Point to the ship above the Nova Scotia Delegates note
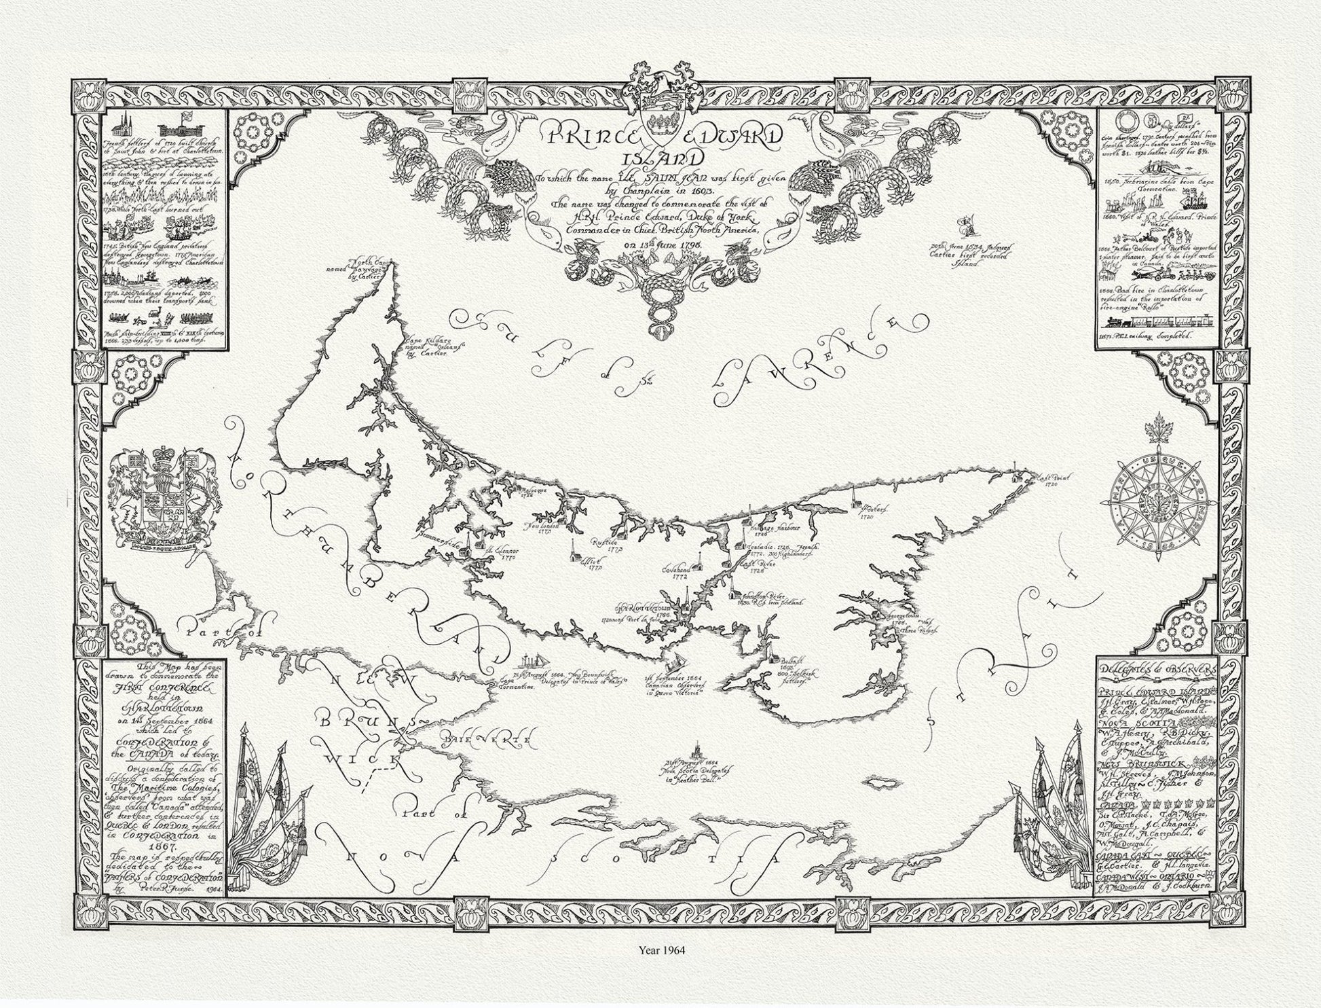pyautogui.click(x=695, y=752)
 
